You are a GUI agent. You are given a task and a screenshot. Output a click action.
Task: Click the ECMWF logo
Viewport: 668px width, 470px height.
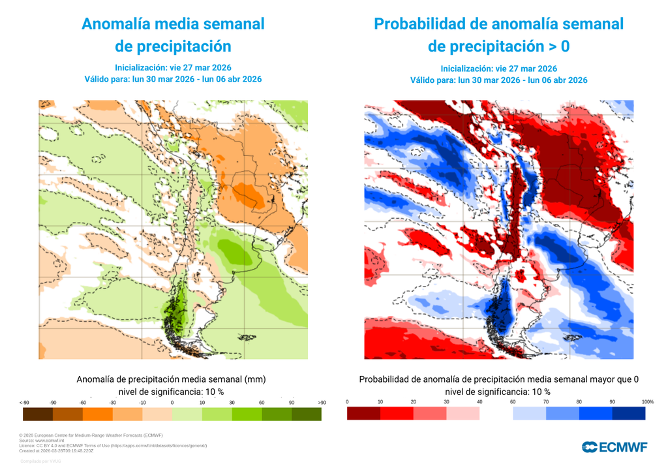point(615,446)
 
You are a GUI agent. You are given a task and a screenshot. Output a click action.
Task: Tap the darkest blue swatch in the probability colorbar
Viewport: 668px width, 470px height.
point(629,413)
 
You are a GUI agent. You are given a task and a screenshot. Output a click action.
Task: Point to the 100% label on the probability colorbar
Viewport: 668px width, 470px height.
point(648,401)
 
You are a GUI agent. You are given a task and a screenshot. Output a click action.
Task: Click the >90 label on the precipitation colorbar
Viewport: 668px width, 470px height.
point(321,402)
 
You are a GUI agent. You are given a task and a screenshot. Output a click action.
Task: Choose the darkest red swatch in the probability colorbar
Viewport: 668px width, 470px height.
point(363,413)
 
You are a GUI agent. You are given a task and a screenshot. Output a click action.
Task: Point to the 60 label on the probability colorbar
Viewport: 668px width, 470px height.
point(513,401)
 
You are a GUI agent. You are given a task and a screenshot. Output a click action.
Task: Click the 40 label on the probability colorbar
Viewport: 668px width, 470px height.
point(480,401)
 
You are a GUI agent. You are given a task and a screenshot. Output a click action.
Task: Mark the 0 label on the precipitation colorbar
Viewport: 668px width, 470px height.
point(172,402)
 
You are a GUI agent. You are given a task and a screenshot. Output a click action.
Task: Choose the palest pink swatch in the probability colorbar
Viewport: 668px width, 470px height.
point(463,413)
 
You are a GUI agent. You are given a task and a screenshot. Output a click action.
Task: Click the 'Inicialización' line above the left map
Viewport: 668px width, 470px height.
point(173,67)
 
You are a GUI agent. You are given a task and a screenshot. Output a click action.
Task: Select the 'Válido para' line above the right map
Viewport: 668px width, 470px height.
point(498,80)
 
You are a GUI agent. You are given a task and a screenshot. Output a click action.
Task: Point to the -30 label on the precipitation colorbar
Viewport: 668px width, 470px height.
point(113,402)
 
